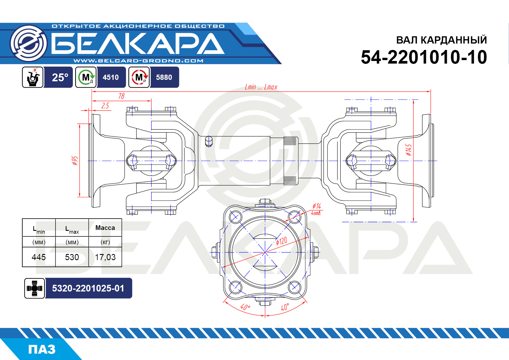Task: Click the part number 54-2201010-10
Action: (x=424, y=57)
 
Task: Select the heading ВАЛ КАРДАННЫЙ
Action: (x=441, y=40)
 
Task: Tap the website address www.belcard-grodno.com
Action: (x=138, y=61)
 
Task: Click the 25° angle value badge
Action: (x=60, y=77)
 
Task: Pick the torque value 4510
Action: (x=111, y=77)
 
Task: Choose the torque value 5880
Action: (x=164, y=77)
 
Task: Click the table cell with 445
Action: (x=39, y=257)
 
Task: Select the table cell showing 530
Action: (x=72, y=257)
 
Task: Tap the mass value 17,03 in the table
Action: (x=105, y=257)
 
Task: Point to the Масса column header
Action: (x=105, y=228)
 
